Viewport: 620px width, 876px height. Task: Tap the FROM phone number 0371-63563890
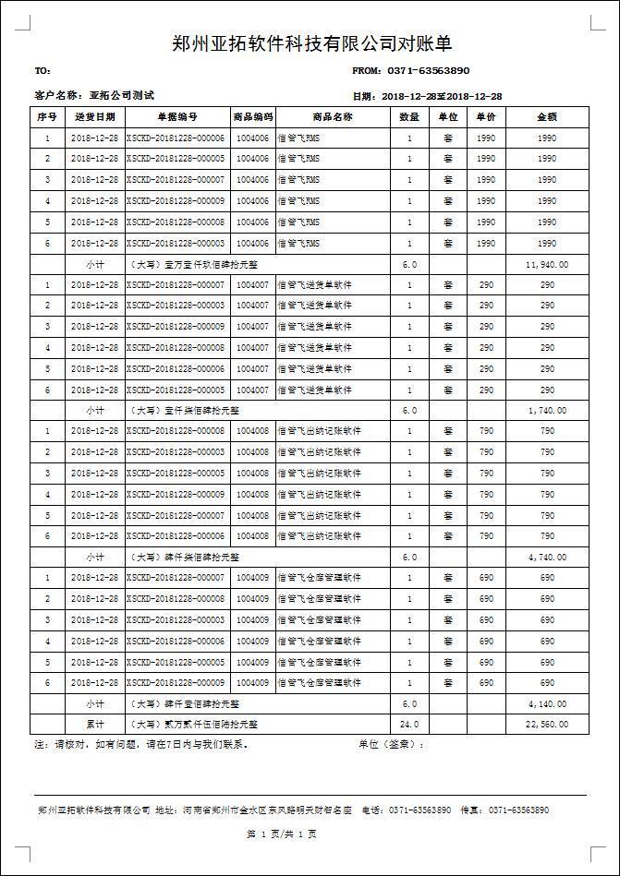(429, 70)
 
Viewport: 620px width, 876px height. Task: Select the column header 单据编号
(177, 117)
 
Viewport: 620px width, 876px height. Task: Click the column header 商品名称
(333, 117)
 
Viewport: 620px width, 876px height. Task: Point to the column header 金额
(547, 117)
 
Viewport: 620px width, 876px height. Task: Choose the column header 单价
(486, 117)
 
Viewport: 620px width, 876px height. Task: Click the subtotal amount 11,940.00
(547, 264)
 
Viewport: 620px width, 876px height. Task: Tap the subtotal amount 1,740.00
(548, 410)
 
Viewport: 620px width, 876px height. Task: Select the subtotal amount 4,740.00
(548, 557)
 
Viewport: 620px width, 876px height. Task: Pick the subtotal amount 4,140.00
(548, 703)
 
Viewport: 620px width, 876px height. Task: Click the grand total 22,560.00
(547, 725)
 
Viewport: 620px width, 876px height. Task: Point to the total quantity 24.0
(409, 725)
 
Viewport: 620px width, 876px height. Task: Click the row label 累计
(95, 725)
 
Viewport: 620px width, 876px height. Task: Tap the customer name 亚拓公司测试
(121, 96)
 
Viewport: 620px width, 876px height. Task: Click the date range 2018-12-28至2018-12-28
(441, 96)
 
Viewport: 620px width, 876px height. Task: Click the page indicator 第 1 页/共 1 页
(282, 834)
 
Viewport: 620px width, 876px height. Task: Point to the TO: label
(43, 71)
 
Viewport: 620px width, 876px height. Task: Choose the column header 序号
(47, 117)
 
